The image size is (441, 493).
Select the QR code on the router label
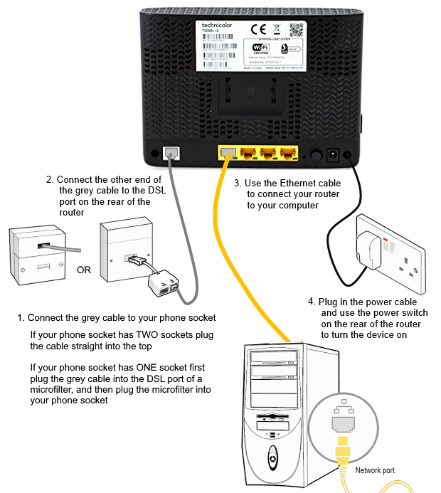296,30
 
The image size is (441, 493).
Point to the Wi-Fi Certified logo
262,48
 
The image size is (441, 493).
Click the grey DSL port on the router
171,152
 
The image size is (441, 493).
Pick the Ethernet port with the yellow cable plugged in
228,152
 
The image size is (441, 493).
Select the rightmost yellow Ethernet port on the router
288,152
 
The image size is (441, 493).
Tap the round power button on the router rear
314,154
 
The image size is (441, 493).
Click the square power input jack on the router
331,153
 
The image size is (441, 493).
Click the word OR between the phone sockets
85,270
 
